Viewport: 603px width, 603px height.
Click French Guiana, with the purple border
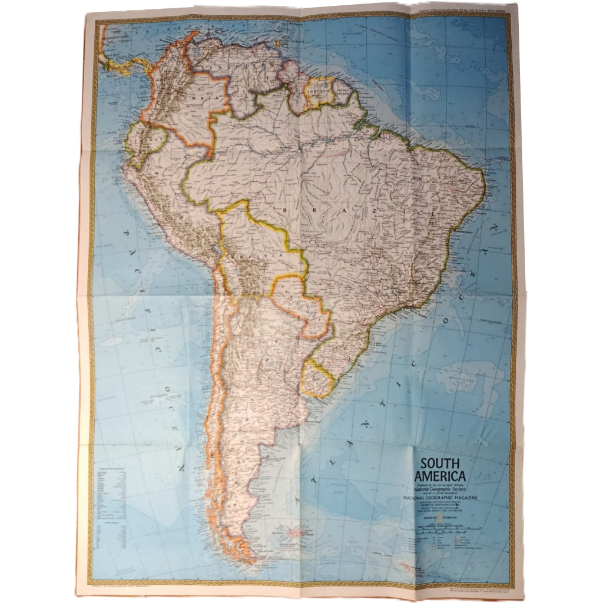pos(342,92)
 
